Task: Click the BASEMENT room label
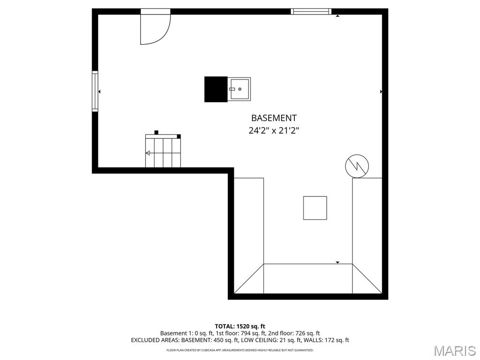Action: (274, 118)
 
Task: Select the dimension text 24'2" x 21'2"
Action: (274, 131)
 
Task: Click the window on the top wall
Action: (311, 11)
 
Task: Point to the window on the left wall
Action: (95, 91)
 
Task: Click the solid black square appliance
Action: (216, 89)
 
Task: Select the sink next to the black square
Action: (240, 89)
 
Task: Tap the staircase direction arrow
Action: (148, 153)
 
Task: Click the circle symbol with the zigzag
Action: (357, 166)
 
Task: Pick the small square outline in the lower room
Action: (315, 208)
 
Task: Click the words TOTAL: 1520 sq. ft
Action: (240, 326)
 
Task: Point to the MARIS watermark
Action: (455, 351)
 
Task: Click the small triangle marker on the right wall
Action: (381, 92)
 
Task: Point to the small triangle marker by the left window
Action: (99, 92)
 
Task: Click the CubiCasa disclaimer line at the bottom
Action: (240, 350)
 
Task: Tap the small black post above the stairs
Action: (157, 132)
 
